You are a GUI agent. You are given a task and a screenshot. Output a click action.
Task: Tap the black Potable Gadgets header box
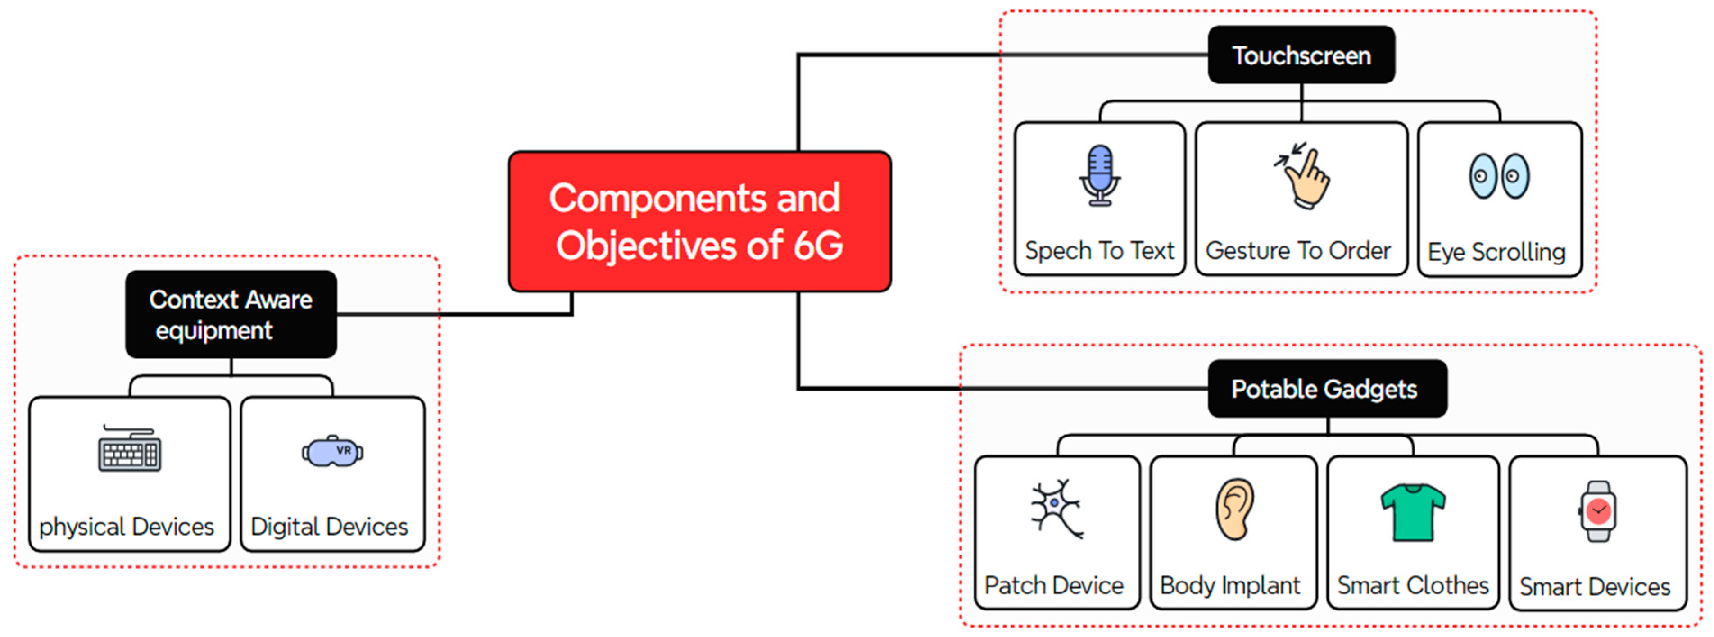tap(1326, 389)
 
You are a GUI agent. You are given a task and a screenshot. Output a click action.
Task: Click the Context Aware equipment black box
tap(231, 314)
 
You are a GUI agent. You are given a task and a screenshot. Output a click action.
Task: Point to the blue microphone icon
tap(1100, 175)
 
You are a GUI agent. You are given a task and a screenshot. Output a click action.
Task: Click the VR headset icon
tap(332, 452)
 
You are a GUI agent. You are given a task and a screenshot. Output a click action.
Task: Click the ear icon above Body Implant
tap(1235, 509)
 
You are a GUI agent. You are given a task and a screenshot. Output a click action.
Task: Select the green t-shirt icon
tap(1413, 511)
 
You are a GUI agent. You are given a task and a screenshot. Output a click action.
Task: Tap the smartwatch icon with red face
tap(1597, 511)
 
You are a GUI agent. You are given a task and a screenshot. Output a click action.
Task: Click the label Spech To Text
tap(1099, 251)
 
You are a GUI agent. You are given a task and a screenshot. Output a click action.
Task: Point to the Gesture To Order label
tap(1298, 251)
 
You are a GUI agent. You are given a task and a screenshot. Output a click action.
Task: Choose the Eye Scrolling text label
tap(1496, 252)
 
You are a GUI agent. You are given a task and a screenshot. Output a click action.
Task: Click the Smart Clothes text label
tap(1413, 586)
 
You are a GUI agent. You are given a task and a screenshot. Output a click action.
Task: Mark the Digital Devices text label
tap(329, 527)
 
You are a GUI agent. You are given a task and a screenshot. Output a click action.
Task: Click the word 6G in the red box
tap(818, 245)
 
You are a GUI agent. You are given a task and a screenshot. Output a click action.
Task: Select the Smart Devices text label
tap(1595, 587)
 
